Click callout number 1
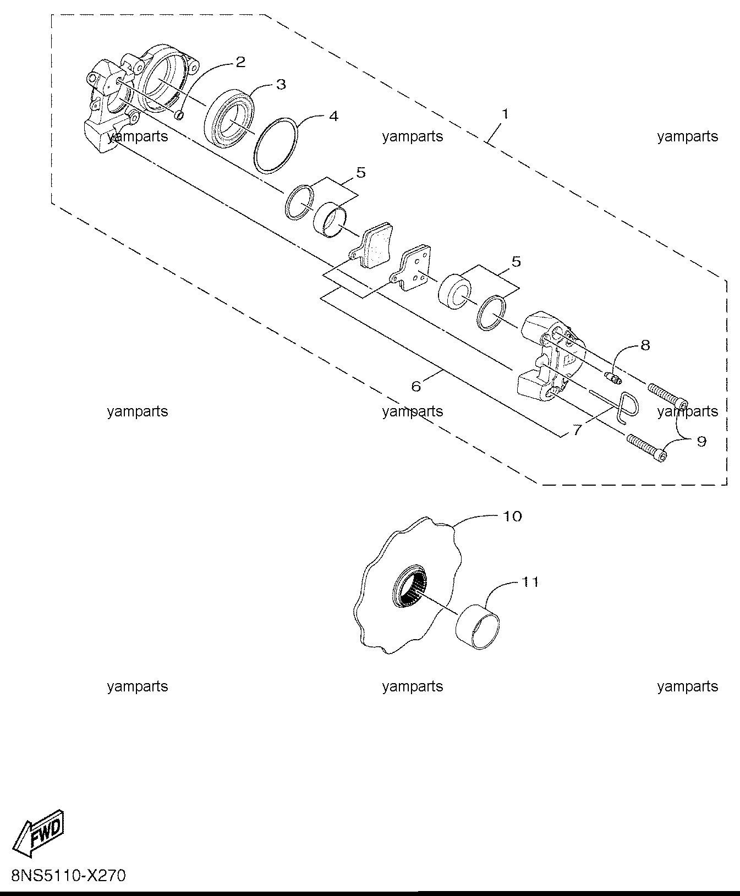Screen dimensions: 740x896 [x=505, y=114]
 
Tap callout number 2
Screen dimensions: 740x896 [x=240, y=62]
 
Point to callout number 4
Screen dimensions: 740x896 [x=333, y=117]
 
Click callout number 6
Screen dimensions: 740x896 [x=416, y=387]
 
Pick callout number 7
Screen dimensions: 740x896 [x=577, y=430]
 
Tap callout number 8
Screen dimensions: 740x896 [x=645, y=345]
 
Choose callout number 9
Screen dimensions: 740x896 [x=701, y=441]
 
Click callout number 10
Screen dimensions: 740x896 [x=512, y=516]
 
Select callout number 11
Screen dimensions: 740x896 [x=529, y=581]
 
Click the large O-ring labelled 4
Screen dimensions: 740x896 [x=277, y=146]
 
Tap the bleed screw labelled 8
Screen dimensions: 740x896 [x=613, y=377]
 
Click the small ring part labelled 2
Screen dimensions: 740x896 [x=179, y=115]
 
